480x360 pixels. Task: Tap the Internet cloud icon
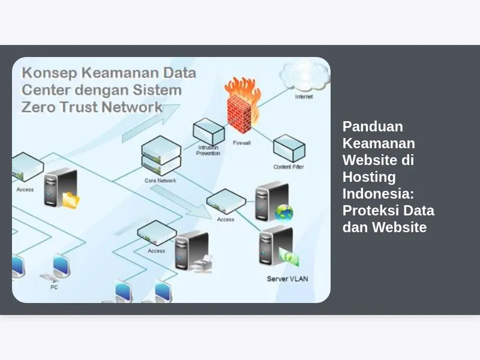[304, 76]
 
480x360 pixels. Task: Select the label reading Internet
[304, 97]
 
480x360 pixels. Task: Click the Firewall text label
[242, 143]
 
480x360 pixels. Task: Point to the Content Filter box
[289, 148]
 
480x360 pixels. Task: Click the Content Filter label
[289, 167]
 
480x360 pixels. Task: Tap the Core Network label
[160, 181]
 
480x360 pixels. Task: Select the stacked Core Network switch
[161, 156]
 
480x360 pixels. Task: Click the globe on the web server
[284, 213]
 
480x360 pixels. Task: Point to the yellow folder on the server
[71, 200]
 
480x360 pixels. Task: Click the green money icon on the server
[289, 257]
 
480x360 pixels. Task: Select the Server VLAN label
[287, 279]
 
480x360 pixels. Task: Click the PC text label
[54, 287]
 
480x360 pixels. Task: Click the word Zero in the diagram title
[38, 107]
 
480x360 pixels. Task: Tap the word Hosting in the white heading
[369, 177]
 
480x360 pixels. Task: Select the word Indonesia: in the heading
[379, 194]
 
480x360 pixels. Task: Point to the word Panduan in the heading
[373, 127]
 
